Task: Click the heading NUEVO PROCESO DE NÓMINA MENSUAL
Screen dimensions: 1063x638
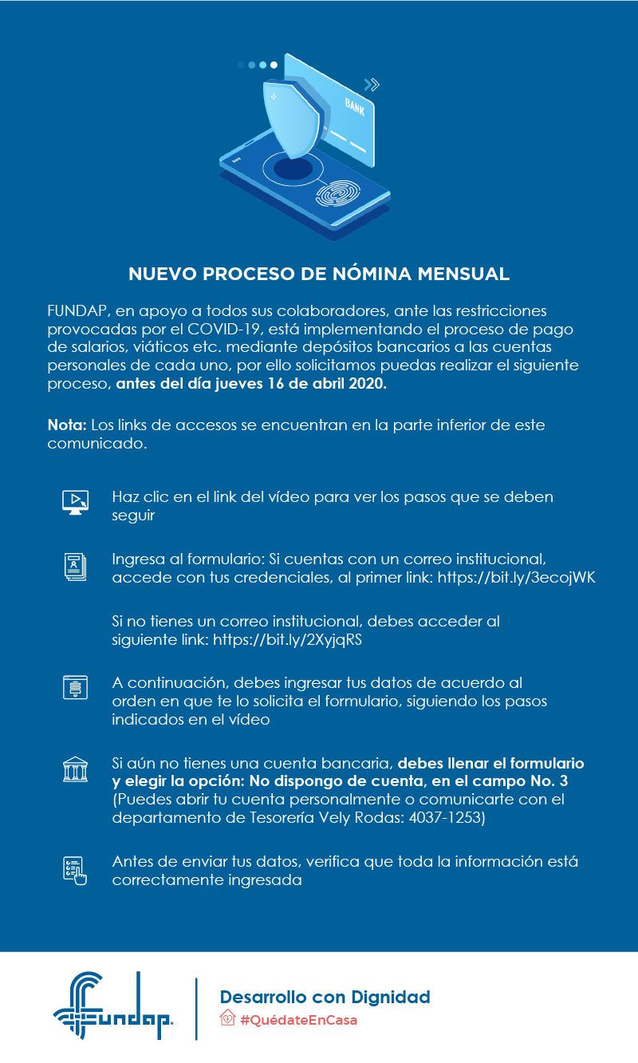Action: pos(319,275)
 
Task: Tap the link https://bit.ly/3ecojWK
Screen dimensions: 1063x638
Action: pos(517,578)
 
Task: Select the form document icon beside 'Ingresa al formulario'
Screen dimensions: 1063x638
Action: pos(75,566)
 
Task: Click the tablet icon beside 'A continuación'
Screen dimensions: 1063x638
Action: pos(75,687)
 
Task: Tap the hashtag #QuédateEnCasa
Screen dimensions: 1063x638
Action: pos(298,1020)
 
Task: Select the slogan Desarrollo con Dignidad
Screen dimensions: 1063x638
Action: pos(325,997)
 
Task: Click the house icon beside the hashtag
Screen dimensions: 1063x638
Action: pos(227,1019)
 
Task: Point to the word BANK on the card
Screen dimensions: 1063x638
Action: pos(355,106)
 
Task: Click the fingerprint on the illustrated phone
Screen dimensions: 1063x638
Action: pos(340,192)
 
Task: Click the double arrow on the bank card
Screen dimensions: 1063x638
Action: pos(371,84)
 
